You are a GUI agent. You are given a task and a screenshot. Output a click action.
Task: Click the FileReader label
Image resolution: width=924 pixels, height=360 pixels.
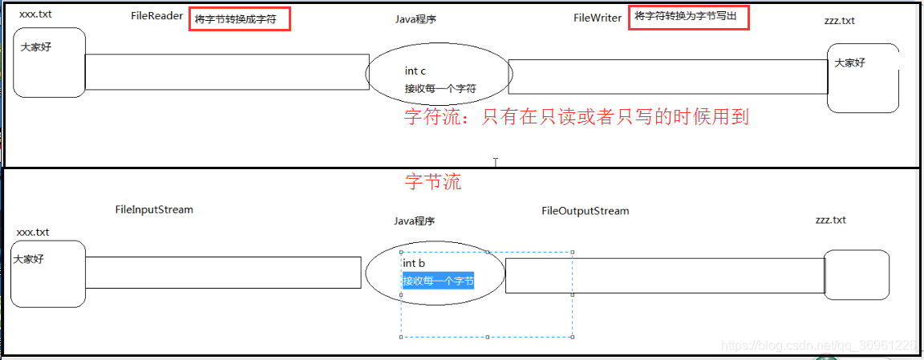[x=156, y=16]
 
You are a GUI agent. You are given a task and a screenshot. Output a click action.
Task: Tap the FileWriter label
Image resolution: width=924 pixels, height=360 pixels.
[x=598, y=18]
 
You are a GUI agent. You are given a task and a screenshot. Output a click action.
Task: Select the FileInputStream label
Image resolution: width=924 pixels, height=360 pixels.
[x=154, y=209]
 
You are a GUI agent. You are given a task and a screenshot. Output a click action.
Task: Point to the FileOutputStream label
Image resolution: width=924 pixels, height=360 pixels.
[x=585, y=211]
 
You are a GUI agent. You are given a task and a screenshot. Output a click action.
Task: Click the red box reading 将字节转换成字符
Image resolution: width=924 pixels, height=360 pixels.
[x=239, y=19]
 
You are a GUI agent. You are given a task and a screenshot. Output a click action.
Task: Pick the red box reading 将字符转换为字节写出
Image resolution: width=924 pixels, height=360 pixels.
[x=688, y=17]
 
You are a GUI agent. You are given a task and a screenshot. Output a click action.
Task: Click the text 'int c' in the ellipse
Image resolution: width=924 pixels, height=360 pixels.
[x=415, y=71]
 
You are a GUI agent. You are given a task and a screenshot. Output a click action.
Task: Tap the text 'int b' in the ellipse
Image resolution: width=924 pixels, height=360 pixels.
[x=414, y=263]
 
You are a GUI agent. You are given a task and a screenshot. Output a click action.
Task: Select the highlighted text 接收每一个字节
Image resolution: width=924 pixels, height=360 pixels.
[x=438, y=281]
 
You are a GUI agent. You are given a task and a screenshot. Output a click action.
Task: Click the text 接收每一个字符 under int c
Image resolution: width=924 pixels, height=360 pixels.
[x=440, y=88]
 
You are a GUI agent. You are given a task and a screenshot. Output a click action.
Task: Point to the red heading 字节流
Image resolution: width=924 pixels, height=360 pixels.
[x=433, y=182]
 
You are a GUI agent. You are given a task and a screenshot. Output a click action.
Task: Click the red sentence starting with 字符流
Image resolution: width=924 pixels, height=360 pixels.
[x=576, y=117]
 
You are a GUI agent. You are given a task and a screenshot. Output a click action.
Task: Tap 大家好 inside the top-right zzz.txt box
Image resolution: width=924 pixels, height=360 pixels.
[x=850, y=63]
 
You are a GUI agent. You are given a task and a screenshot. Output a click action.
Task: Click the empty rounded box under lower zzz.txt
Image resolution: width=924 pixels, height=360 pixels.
[x=857, y=275]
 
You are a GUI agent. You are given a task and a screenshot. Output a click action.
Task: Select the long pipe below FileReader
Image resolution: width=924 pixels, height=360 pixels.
[x=227, y=72]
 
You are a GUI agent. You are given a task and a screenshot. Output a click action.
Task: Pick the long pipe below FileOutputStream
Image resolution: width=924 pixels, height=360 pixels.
[x=665, y=276]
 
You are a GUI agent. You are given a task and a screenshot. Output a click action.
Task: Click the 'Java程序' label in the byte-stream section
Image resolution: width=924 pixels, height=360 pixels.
[x=414, y=221]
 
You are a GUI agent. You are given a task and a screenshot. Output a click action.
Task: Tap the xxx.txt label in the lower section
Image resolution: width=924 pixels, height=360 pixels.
[x=33, y=232]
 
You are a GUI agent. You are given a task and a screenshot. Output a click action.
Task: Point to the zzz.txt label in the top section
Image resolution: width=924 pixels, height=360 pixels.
[x=839, y=21]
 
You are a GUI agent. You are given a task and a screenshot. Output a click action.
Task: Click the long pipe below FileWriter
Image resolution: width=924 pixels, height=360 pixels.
[x=668, y=77]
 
